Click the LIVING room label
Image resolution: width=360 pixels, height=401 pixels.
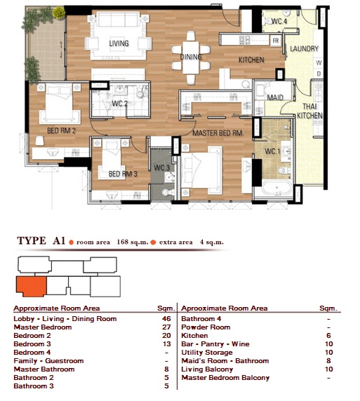pos(119,43)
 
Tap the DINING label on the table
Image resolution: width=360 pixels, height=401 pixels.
pos(191,57)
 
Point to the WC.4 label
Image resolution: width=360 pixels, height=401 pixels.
pos(279,21)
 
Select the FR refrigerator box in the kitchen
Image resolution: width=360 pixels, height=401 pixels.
pos(276,41)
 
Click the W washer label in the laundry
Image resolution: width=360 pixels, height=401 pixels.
pos(319,62)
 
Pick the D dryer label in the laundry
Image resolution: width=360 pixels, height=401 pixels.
pos(319,74)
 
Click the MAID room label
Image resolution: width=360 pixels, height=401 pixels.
pos(275,97)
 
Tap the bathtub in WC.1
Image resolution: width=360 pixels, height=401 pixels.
pos(276,188)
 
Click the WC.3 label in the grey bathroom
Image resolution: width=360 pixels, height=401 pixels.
pos(161,168)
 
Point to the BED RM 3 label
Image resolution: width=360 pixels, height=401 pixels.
pos(123,174)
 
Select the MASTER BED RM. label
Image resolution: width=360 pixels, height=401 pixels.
pos(218,133)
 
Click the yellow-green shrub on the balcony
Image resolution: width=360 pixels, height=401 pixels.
pos(59,13)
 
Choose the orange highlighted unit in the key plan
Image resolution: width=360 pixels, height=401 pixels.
pos(32,286)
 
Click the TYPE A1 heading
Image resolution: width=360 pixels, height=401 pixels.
pos(41,241)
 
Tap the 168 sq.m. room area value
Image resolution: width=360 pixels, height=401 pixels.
pos(133,242)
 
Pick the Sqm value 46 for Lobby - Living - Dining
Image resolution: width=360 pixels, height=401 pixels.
pos(166,319)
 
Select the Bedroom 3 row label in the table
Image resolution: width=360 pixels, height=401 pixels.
pos(32,344)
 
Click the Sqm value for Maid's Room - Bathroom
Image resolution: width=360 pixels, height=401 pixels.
pos(328,361)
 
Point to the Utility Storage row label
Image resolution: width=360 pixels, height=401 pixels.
pos(207,353)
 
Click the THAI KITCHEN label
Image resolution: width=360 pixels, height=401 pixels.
pos(309,111)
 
